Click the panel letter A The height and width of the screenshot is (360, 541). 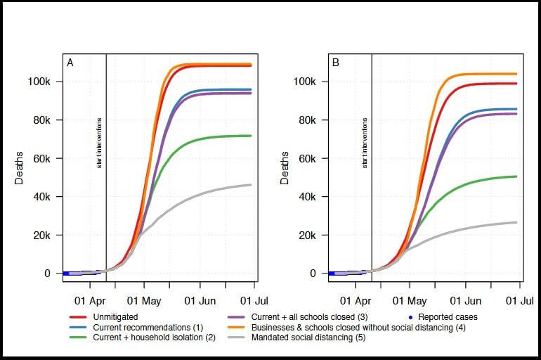[x=70, y=63]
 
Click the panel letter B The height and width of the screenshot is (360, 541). [x=336, y=63]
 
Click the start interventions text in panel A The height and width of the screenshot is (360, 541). [x=100, y=143]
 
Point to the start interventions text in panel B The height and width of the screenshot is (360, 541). [x=365, y=143]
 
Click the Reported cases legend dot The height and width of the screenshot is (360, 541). [x=410, y=317]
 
